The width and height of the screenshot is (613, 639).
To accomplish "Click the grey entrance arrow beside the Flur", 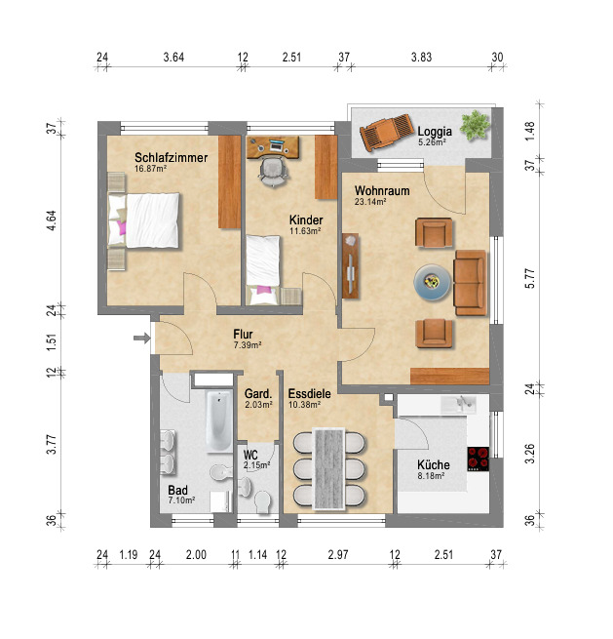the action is (x=142, y=338).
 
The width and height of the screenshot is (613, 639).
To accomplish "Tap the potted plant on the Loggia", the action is (x=475, y=125).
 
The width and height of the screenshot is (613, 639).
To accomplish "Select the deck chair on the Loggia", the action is (x=387, y=132).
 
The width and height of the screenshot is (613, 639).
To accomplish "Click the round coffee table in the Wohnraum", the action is (x=433, y=282).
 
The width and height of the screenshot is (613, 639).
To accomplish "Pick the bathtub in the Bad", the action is (x=219, y=421).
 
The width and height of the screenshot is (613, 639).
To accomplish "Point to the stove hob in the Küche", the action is (x=479, y=459).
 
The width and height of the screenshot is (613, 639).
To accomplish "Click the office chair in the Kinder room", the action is (x=273, y=172).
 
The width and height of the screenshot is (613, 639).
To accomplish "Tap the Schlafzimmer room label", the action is (x=171, y=157).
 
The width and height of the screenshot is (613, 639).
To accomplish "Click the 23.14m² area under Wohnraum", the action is (x=370, y=201).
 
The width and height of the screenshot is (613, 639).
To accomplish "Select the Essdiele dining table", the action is (x=329, y=468).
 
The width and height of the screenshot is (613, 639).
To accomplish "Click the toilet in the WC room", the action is (x=262, y=501).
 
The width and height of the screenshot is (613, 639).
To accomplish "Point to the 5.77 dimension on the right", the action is (x=529, y=279).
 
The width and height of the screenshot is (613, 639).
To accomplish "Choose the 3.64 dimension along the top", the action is (x=173, y=57).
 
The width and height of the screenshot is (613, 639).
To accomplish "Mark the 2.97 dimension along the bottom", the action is (x=338, y=555).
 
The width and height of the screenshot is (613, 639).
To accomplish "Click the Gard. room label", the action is (x=258, y=394).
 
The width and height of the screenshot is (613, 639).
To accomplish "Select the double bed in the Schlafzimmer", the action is (x=143, y=220).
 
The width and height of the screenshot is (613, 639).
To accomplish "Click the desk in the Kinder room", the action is (x=273, y=147).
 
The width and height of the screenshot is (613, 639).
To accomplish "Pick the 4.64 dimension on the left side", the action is (x=52, y=220).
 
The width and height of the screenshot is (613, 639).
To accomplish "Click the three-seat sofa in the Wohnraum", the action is (x=470, y=282).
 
